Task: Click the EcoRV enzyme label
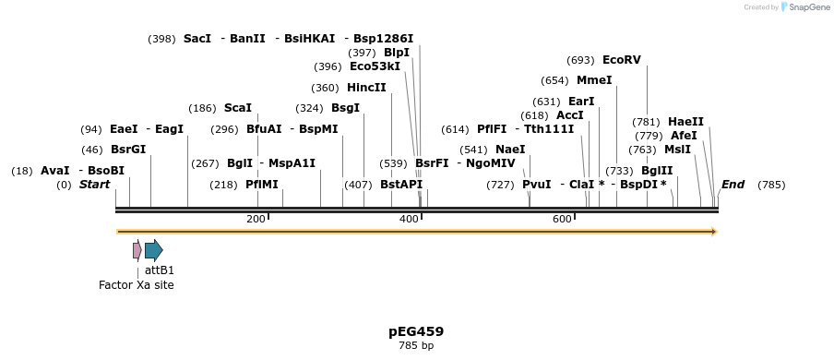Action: pyautogui.click(x=621, y=60)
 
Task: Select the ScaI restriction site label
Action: pyautogui.click(x=237, y=108)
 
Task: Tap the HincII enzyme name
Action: pyautogui.click(x=366, y=88)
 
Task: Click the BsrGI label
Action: pyautogui.click(x=128, y=150)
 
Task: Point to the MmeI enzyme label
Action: pyautogui.click(x=594, y=80)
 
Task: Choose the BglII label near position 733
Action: pyautogui.click(x=657, y=171)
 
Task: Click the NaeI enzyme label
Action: pyautogui.click(x=510, y=150)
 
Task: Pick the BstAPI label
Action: pyautogui.click(x=401, y=185)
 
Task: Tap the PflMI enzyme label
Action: pyautogui.click(x=262, y=185)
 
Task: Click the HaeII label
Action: pyautogui.click(x=685, y=122)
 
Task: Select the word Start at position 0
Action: pyautogui.click(x=94, y=185)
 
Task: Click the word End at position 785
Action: pyautogui.click(x=733, y=185)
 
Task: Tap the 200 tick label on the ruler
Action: pyautogui.click(x=256, y=219)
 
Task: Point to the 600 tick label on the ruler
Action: pyautogui.click(x=562, y=219)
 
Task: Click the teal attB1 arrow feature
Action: pyautogui.click(x=153, y=249)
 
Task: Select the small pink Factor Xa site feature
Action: pyautogui.click(x=137, y=249)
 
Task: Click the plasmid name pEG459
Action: pyautogui.click(x=416, y=331)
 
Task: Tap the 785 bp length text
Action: pyautogui.click(x=416, y=346)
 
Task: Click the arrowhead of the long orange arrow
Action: pyautogui.click(x=713, y=232)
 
